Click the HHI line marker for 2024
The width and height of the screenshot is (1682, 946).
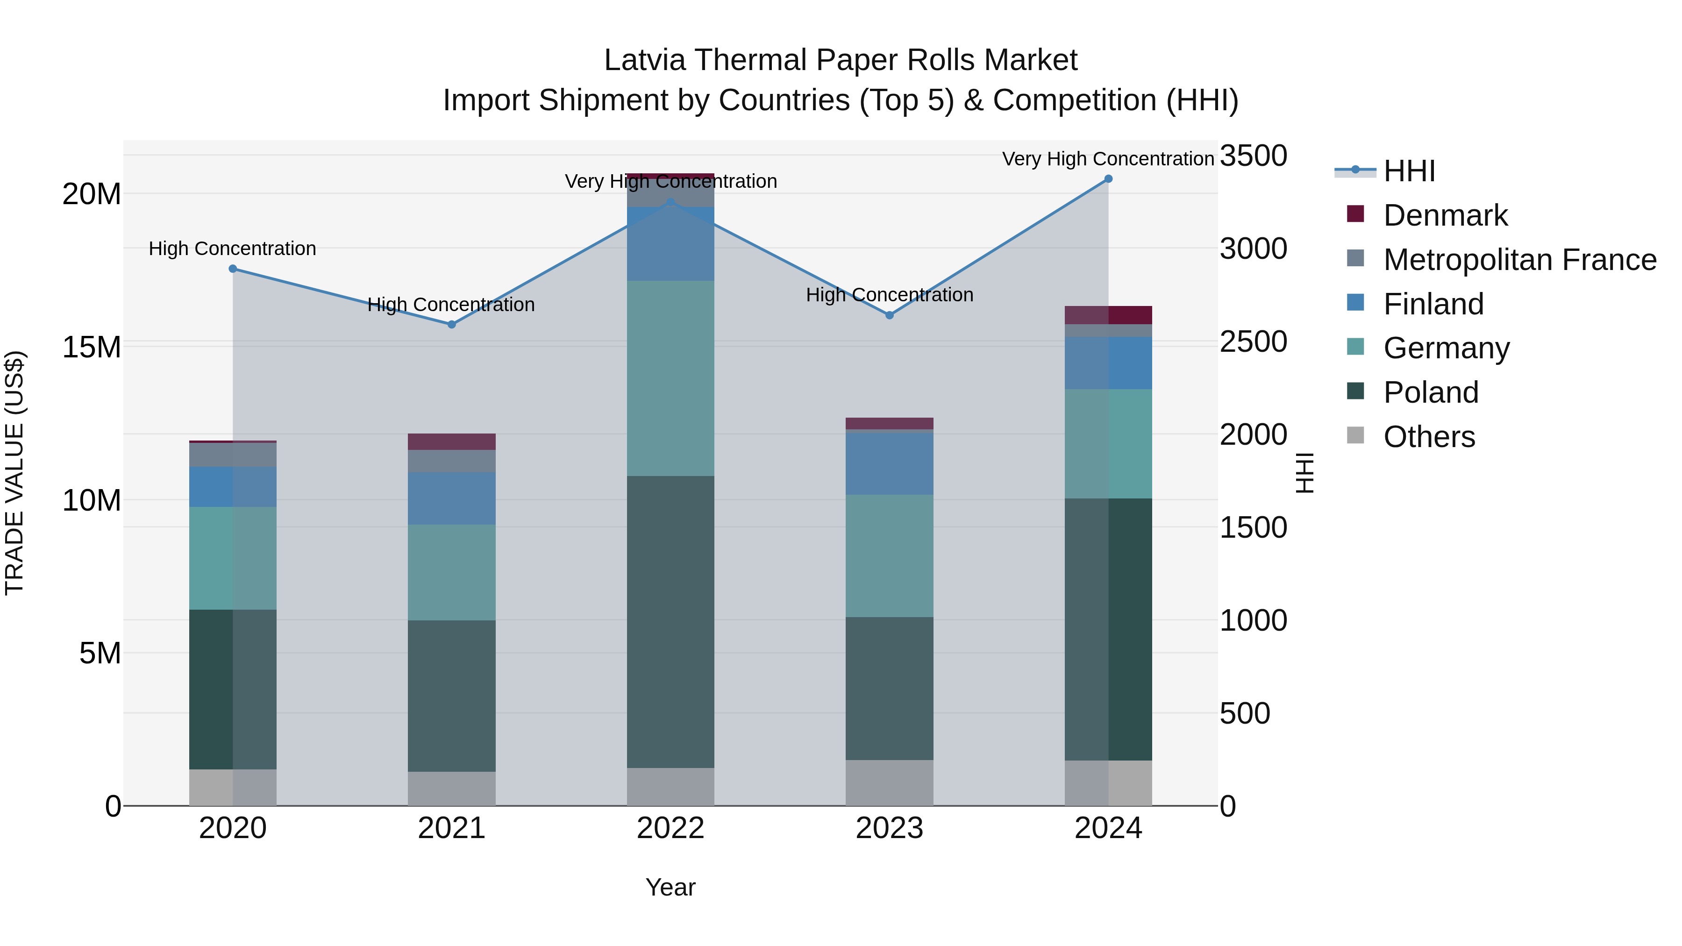click(1108, 179)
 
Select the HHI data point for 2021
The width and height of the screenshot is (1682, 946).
click(451, 325)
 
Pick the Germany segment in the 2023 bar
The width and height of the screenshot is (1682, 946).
click(889, 555)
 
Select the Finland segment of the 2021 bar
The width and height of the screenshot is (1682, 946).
click(451, 498)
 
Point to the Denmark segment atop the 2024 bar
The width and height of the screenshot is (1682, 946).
click(1108, 315)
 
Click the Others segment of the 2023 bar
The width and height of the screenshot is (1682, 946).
click(889, 782)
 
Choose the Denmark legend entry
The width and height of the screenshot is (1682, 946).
click(1445, 215)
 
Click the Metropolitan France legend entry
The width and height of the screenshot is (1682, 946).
click(1519, 260)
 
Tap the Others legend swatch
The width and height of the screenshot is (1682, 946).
click(1355, 435)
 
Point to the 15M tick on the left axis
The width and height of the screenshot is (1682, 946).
click(92, 347)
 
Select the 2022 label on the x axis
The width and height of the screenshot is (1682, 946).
click(670, 828)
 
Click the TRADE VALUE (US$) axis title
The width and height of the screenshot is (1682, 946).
click(14, 473)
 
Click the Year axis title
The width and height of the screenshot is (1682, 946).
click(670, 887)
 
